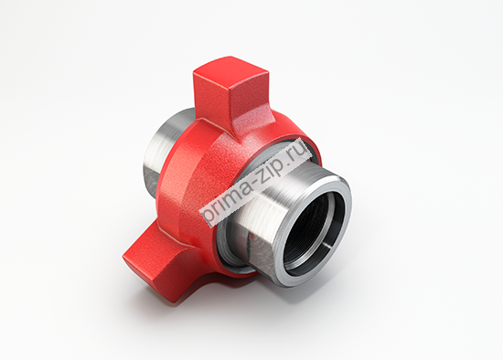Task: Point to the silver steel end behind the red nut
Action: pos(162,151)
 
